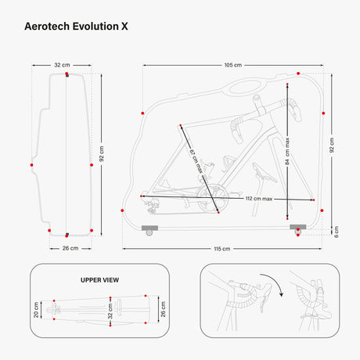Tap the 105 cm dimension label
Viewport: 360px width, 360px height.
tap(232, 65)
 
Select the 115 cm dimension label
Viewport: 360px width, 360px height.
tap(221, 248)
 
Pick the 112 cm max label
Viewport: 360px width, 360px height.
tap(257, 199)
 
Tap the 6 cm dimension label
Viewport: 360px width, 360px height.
tap(337, 230)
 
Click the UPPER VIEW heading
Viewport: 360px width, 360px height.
tap(99, 279)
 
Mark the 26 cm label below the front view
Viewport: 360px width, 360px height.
tap(70, 248)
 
